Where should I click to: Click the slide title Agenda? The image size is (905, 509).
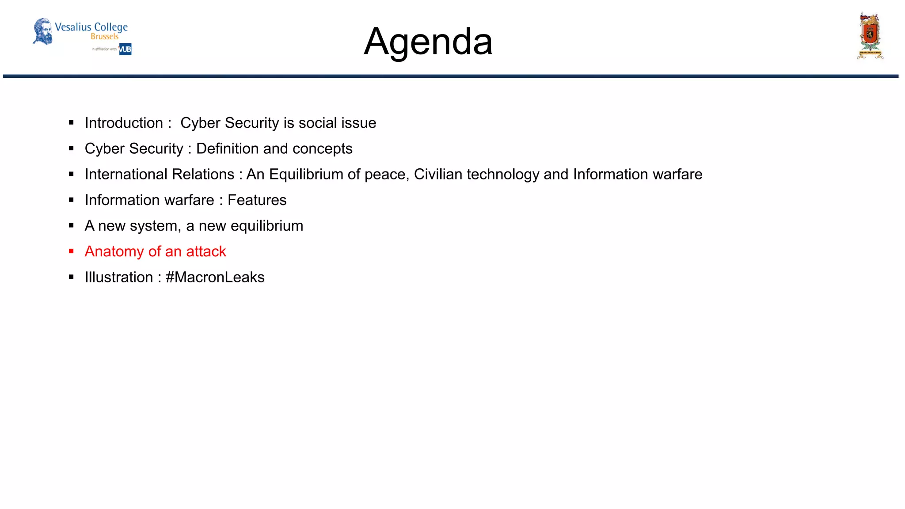pos(428,42)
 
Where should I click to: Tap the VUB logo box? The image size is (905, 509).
pos(125,49)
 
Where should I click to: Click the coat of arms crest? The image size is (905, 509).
pos(870,35)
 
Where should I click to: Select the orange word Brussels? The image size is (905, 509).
pos(105,37)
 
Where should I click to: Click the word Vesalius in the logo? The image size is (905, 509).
pos(73,27)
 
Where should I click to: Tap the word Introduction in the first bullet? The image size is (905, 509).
pos(124,123)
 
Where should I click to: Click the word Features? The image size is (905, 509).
pos(257,200)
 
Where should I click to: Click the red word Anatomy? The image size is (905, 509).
pos(114,251)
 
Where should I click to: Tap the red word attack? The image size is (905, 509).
pos(206,251)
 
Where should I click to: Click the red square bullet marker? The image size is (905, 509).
pos(71,251)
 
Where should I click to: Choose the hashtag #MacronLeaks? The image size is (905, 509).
pos(215,277)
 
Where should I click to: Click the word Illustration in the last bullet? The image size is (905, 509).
pos(119,277)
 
